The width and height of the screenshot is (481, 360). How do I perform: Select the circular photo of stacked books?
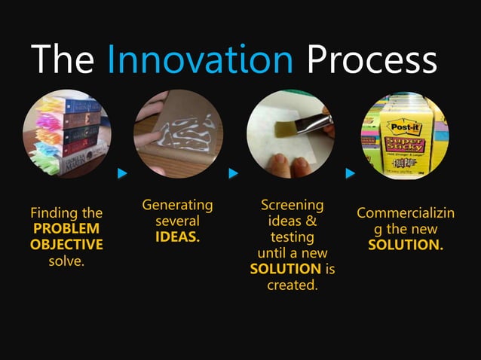pyautogui.click(x=66, y=134)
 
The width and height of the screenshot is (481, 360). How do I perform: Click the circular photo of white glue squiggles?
pyautogui.click(x=178, y=134)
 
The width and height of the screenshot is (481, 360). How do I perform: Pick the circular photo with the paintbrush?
pyautogui.click(x=291, y=134)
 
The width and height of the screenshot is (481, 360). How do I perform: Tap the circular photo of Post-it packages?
pyautogui.click(x=405, y=134)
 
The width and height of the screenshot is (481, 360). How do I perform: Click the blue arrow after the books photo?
pyautogui.click(x=122, y=174)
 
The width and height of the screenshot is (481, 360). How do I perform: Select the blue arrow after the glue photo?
pyautogui.click(x=234, y=174)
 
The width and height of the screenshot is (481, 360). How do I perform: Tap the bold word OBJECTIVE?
pyautogui.click(x=66, y=245)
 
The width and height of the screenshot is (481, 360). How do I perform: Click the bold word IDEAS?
pyautogui.click(x=178, y=237)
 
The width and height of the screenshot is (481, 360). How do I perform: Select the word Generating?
pyautogui.click(x=178, y=206)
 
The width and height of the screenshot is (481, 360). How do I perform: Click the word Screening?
pyautogui.click(x=292, y=206)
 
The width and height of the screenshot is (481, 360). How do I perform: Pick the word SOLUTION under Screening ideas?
pyautogui.click(x=285, y=269)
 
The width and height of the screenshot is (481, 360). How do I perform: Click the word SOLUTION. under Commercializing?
pyautogui.click(x=405, y=246)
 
